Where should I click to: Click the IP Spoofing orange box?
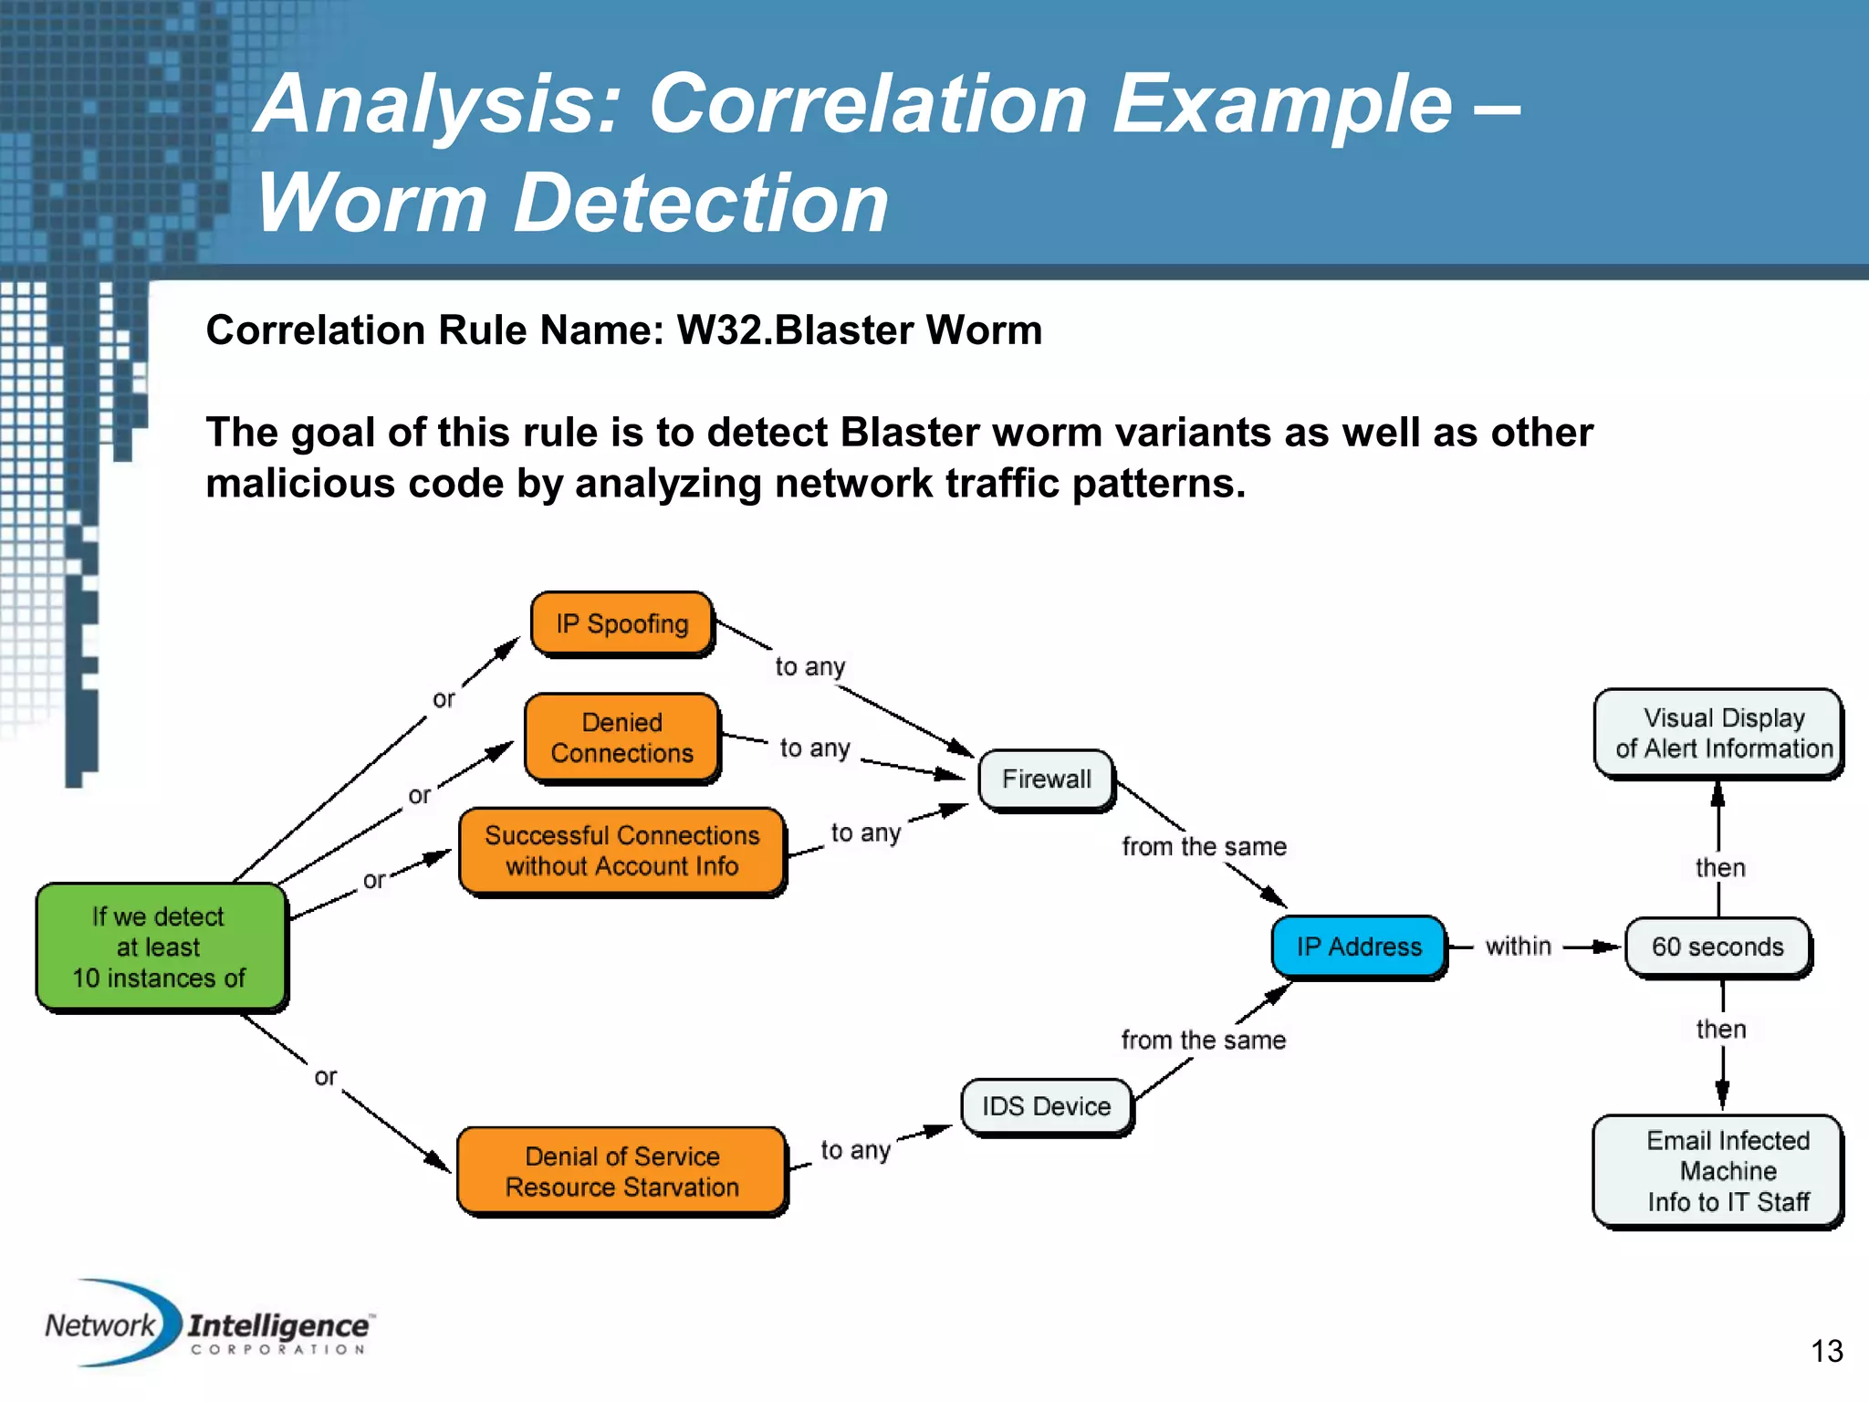[622, 624]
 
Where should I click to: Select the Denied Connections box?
[622, 738]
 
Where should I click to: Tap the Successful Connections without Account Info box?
[622, 851]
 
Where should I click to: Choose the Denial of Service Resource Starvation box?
[622, 1171]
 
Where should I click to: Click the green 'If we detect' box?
[160, 947]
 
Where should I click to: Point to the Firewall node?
[1047, 779]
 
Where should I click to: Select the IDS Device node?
[1047, 1106]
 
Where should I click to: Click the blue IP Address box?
[1359, 947]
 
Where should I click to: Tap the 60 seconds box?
[1718, 947]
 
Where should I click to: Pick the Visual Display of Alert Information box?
[1721, 733]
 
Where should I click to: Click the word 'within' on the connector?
[1519, 947]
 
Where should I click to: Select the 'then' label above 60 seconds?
[1720, 867]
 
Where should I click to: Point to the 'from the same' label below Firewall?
[1204, 847]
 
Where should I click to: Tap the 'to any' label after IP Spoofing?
[810, 666]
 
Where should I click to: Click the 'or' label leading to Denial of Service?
[325, 1077]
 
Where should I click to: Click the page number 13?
[1826, 1351]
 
